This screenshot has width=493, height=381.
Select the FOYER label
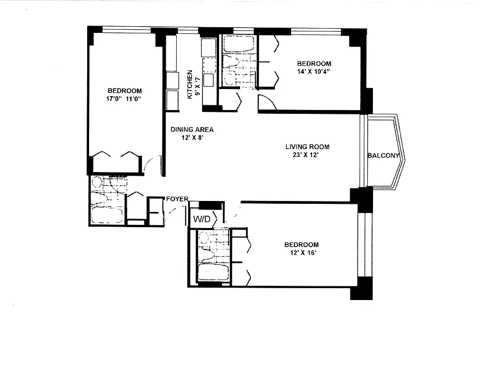point(177,199)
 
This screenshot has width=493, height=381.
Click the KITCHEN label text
point(190,84)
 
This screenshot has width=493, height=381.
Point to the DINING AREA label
point(192,130)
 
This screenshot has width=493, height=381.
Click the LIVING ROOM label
point(307,147)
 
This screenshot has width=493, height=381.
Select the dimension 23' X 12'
point(307,154)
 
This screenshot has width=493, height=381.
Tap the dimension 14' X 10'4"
point(314,71)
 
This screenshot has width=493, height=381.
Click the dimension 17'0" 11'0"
point(124,99)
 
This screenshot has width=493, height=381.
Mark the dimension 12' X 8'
point(192,137)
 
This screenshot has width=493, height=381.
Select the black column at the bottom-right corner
point(361,289)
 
